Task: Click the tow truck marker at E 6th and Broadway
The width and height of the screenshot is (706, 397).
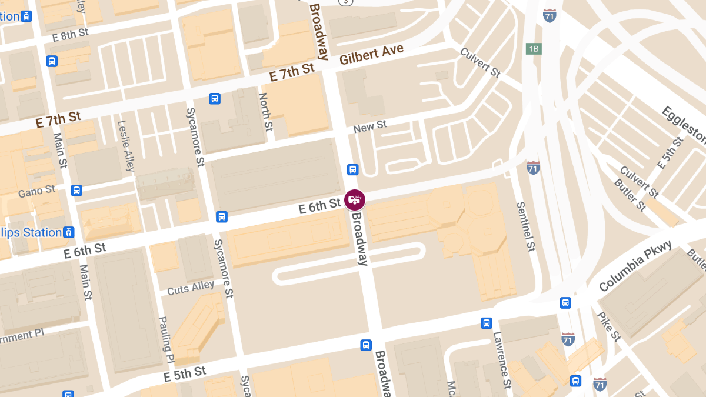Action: [354, 200]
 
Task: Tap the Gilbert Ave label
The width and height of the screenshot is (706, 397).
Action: [372, 55]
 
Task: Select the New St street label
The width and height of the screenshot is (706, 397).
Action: [370, 125]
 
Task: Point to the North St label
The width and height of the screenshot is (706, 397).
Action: [266, 112]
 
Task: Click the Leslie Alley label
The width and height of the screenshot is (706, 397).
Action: [126, 146]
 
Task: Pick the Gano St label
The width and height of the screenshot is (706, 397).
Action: [36, 191]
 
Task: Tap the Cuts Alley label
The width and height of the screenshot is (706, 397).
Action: [191, 288]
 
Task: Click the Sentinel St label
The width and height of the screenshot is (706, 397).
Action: [526, 227]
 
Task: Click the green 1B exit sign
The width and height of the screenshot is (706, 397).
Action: [534, 49]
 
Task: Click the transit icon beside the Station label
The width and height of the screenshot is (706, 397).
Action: [69, 232]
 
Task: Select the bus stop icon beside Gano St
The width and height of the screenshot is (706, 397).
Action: [76, 190]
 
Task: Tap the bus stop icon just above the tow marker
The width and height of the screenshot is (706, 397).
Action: [352, 170]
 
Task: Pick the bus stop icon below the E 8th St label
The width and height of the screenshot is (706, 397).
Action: [52, 61]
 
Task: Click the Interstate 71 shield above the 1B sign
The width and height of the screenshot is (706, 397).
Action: [550, 15]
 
